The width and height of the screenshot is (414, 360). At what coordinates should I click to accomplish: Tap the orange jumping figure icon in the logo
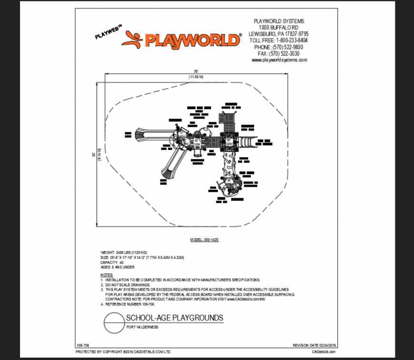tap(132, 39)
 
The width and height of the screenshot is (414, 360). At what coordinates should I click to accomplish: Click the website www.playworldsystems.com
tap(279, 60)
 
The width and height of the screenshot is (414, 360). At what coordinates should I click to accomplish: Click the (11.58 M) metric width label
tap(195, 77)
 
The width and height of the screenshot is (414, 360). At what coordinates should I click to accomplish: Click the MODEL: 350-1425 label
tap(204, 240)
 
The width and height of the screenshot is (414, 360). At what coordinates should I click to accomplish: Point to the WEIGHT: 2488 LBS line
tap(124, 252)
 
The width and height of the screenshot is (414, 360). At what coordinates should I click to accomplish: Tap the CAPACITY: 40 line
tap(112, 262)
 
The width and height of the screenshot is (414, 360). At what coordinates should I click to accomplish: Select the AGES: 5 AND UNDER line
tap(118, 267)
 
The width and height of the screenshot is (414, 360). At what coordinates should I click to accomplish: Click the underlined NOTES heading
tap(107, 275)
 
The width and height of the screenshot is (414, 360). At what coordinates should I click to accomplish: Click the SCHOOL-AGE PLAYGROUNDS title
tap(174, 318)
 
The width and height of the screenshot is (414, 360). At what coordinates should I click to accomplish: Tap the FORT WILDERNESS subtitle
tap(142, 327)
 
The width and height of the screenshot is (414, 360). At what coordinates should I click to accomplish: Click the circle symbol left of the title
tap(113, 322)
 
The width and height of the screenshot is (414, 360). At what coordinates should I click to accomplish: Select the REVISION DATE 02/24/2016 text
tap(315, 345)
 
